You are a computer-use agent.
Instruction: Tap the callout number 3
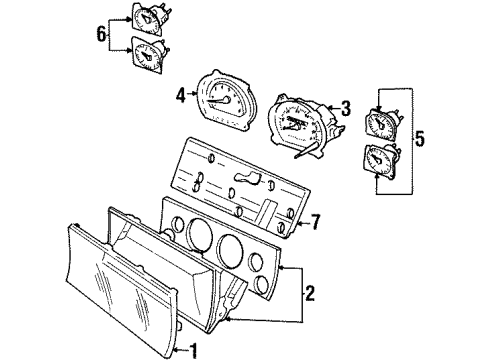(345, 107)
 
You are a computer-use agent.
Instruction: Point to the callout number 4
(181, 97)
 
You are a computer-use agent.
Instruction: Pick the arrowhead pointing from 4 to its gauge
(197, 97)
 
